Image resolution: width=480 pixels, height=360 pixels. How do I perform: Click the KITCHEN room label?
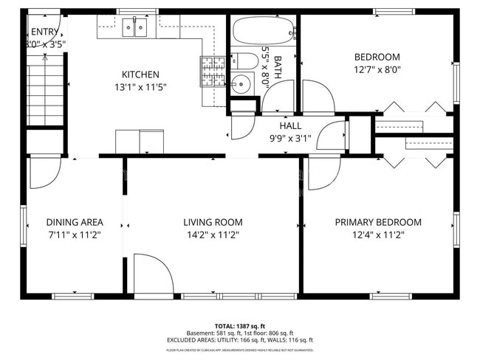140,75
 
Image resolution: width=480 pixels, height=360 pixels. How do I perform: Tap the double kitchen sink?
134,28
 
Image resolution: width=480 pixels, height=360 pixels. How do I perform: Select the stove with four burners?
213,72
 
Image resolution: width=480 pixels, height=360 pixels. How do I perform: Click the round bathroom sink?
240,84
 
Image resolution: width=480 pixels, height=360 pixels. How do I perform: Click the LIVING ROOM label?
213,222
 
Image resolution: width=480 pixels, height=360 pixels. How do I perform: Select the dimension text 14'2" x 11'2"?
213,235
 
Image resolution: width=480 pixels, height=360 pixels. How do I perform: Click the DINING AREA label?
74,222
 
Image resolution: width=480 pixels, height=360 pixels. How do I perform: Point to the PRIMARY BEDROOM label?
378,222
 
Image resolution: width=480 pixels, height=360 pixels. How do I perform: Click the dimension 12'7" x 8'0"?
377,70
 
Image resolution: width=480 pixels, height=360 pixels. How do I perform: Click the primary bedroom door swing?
321,173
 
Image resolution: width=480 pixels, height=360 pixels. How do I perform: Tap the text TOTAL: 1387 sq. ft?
240,325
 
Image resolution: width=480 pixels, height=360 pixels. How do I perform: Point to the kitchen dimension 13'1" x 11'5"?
140,87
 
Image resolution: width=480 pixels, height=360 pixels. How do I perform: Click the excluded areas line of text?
240,339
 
